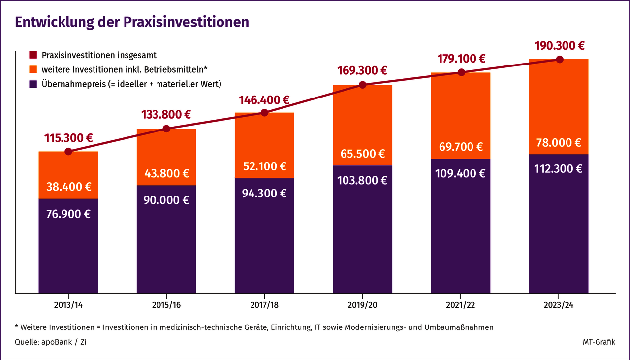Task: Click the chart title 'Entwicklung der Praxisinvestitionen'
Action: tap(132, 22)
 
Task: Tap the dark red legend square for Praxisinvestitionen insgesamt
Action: tap(33, 55)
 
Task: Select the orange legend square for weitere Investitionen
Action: tap(33, 69)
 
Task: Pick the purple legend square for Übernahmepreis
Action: tap(33, 84)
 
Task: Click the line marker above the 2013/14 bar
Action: tap(68, 151)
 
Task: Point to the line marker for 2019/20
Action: tap(363, 85)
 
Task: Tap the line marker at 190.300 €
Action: tap(559, 59)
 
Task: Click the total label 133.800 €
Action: tap(166, 114)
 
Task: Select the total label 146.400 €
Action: tap(264, 100)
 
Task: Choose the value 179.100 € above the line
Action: tap(461, 59)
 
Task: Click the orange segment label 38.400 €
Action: tap(68, 187)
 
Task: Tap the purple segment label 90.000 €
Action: tap(166, 200)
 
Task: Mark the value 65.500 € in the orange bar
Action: tap(363, 153)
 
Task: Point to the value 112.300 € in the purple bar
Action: tap(559, 168)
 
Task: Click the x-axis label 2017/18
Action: tap(264, 305)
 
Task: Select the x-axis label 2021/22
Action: tap(461, 305)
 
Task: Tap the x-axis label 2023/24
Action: tap(559, 305)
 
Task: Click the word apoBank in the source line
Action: tap(56, 342)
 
